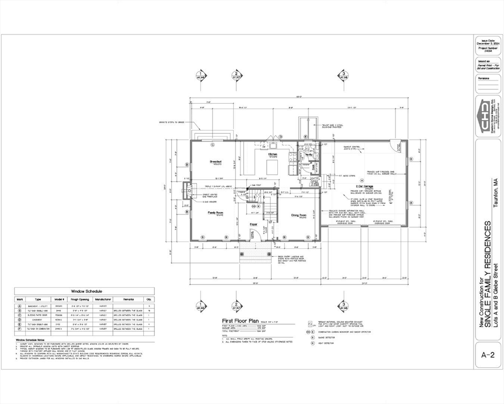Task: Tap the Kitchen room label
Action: (x=273, y=154)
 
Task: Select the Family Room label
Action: (x=216, y=213)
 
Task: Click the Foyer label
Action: (x=254, y=224)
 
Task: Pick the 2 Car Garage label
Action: (x=364, y=186)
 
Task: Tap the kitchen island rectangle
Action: (x=272, y=167)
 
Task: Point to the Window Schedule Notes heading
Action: (x=34, y=339)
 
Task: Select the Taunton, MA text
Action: (x=494, y=194)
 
